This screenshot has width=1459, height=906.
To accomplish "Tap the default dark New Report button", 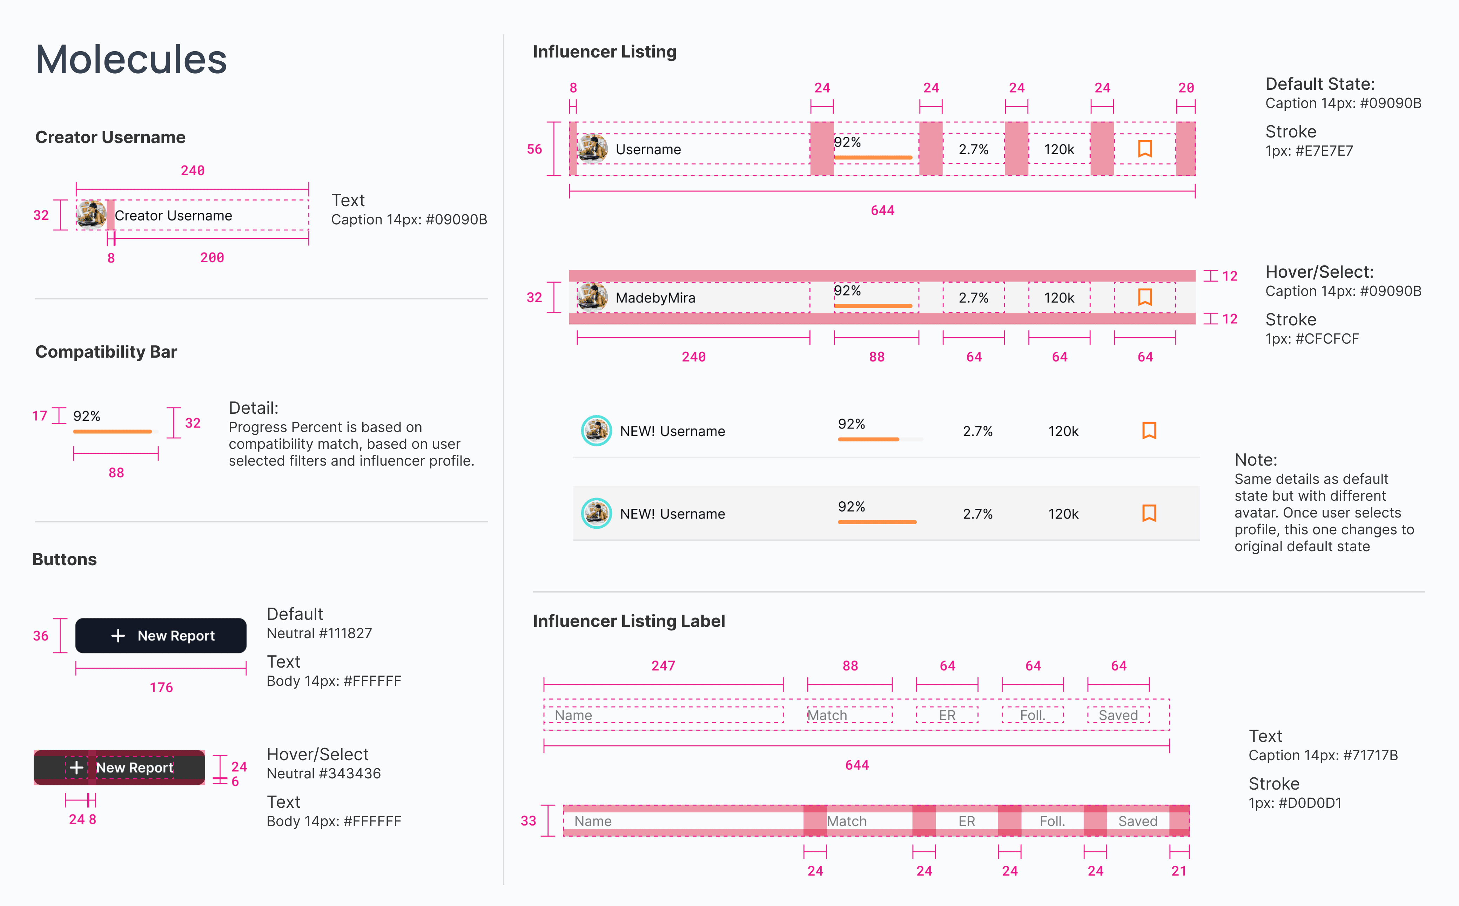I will click(161, 636).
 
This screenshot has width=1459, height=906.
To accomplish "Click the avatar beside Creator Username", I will click(91, 215).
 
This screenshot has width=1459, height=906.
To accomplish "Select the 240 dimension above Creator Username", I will click(193, 171).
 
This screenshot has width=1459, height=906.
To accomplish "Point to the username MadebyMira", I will click(655, 298).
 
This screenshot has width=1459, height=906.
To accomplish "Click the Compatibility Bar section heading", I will click(106, 352).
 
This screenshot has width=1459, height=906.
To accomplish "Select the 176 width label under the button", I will click(161, 687).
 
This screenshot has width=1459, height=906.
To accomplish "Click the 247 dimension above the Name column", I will click(663, 666).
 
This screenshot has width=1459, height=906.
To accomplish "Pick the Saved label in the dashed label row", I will click(1118, 716).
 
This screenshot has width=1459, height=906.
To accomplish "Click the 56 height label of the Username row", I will click(534, 149).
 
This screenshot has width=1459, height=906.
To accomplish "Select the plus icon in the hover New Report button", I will click(76, 768).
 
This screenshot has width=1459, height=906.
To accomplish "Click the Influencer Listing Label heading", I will click(629, 621).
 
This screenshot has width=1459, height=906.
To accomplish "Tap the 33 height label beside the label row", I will click(528, 821).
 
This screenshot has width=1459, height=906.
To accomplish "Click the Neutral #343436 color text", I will click(324, 773).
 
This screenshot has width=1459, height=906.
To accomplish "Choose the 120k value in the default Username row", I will click(1058, 149).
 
